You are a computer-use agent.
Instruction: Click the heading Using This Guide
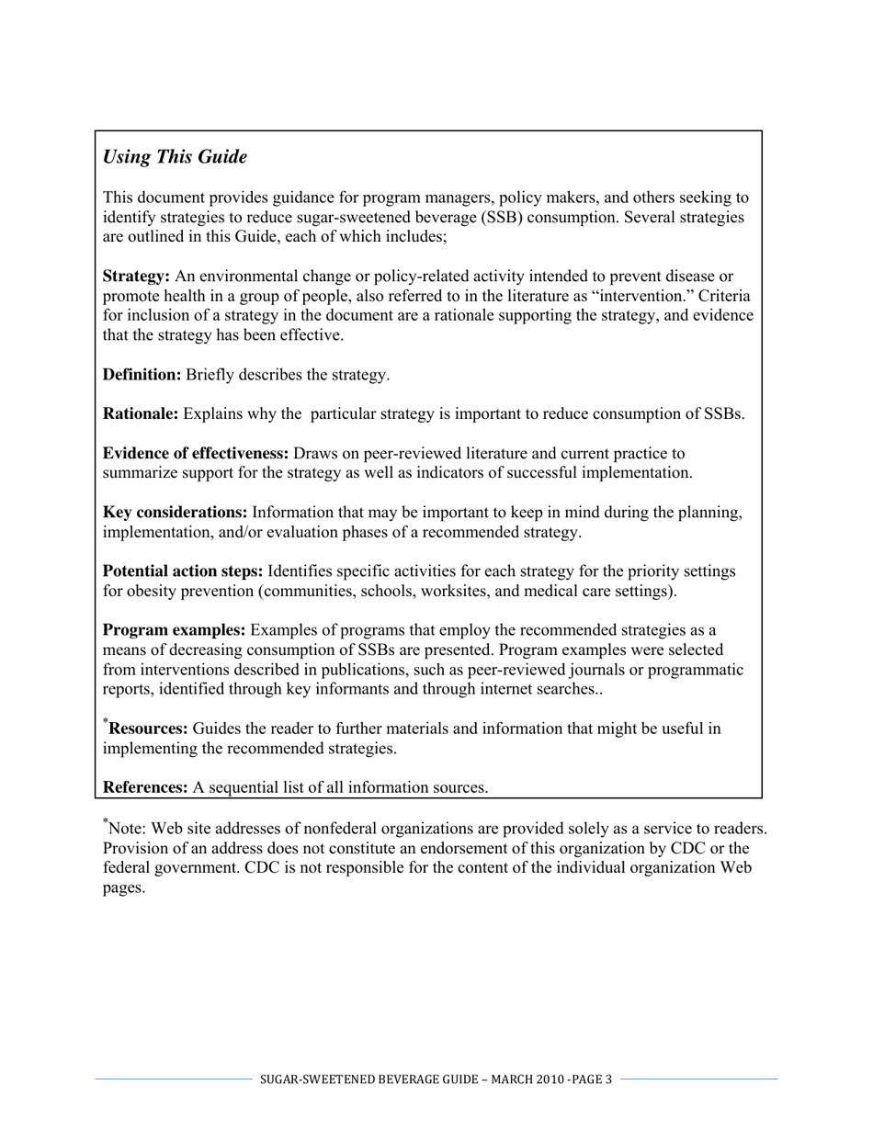tap(175, 157)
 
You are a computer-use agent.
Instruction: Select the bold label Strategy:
tap(136, 277)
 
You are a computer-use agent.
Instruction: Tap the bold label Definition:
tap(142, 375)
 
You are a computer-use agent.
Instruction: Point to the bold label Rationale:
tap(141, 414)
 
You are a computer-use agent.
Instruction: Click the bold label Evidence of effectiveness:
tap(196, 454)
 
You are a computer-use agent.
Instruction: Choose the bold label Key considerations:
tap(175, 513)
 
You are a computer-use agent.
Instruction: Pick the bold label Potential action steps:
tap(183, 571)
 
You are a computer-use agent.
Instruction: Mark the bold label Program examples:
tap(174, 630)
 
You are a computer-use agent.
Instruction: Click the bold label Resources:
tap(149, 729)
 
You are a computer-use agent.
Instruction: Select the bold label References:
tap(145, 787)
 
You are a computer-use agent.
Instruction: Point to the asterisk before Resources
tap(106, 722)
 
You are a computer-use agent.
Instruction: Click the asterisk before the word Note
tap(106, 821)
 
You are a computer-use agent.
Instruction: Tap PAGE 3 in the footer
tap(591, 1079)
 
